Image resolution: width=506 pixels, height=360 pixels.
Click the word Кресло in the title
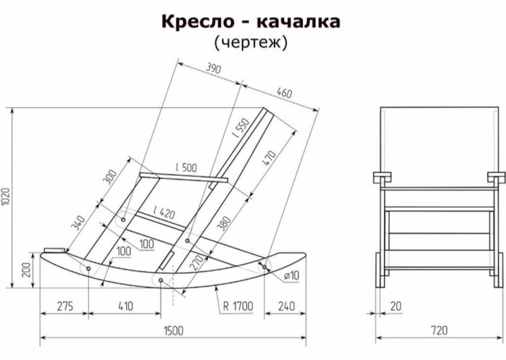coord(198,21)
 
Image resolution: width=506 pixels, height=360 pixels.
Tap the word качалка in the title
coord(298,21)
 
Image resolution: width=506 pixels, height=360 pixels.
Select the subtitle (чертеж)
coord(251,43)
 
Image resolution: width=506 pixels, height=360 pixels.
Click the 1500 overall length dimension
coord(173,330)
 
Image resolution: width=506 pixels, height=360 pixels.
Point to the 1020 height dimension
coord(8,197)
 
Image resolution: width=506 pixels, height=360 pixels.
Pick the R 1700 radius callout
coord(238,306)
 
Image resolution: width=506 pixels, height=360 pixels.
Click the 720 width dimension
coord(439,330)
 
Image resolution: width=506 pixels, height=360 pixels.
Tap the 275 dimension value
coord(65,306)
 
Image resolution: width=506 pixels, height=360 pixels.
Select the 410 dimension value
coord(126,306)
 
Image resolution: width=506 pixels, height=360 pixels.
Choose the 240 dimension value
coord(287,306)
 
